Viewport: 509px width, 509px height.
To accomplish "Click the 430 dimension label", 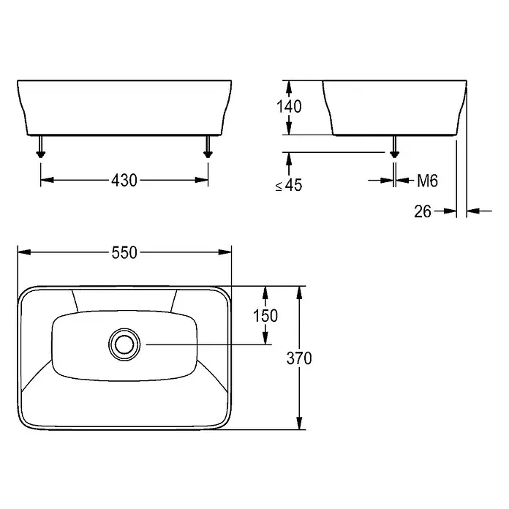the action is tap(124, 180).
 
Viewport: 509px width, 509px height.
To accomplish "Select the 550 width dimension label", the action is tap(124, 252).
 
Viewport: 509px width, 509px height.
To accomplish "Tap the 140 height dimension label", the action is tap(289, 107).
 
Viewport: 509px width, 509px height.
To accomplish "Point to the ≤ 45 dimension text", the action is tap(289, 185).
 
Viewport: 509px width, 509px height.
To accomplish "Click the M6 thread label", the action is tap(428, 181).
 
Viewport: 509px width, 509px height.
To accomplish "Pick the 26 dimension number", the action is tap(423, 211).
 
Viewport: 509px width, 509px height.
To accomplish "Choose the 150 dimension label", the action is tap(265, 316).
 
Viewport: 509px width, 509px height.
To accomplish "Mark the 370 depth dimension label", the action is tap(299, 358).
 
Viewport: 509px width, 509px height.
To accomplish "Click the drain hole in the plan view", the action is tap(124, 344).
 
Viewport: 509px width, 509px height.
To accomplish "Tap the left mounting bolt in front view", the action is tap(40, 147).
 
